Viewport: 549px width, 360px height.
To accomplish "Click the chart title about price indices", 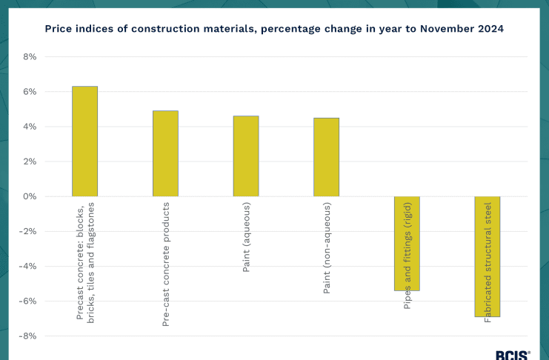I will click(274, 29).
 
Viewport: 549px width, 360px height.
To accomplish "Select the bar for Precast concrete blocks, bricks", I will click(84, 141).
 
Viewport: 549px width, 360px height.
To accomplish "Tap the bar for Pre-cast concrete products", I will click(165, 153).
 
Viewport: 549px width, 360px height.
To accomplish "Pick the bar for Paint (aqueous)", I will click(246, 156).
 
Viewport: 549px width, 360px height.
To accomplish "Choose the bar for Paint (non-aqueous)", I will click(326, 157).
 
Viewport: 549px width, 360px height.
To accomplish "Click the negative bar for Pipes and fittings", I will click(407, 243).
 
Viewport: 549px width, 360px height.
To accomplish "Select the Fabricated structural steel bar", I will click(488, 256).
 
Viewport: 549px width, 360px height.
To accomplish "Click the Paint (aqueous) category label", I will click(246, 237).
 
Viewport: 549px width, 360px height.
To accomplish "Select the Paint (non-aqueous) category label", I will click(326, 248).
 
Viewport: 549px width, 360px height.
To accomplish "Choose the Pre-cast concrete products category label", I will click(165, 264).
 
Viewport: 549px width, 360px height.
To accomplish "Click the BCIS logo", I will click(512, 355).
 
